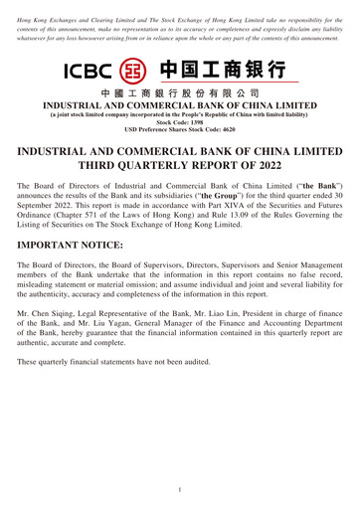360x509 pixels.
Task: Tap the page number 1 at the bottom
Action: (180, 490)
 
